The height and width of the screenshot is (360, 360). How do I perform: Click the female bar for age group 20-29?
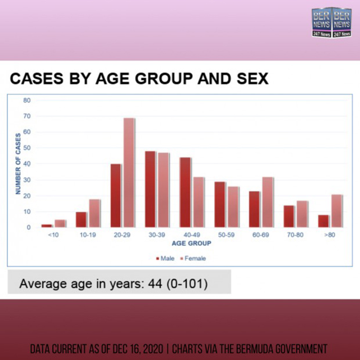[129, 173]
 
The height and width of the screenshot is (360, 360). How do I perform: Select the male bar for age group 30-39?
[150, 189]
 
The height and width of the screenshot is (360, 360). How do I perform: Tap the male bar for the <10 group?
[47, 226]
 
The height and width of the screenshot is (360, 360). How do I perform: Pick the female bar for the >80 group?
[337, 211]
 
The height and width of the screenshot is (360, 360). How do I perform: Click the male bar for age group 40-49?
[185, 192]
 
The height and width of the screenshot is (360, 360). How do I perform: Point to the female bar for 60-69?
[268, 202]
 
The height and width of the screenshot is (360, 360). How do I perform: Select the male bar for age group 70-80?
[289, 216]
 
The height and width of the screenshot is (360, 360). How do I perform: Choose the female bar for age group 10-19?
[94, 213]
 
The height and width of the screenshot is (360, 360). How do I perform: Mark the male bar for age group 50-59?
[220, 205]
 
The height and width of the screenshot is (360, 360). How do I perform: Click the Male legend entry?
[165, 259]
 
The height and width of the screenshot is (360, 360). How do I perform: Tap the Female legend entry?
[193, 259]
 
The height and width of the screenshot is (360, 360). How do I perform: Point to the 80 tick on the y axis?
[27, 100]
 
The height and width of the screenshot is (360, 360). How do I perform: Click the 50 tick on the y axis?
[27, 148]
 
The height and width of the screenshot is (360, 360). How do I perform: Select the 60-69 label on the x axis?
[260, 235]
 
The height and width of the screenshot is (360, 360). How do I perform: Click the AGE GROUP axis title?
[191, 244]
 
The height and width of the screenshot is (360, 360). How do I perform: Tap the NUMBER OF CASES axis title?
[18, 164]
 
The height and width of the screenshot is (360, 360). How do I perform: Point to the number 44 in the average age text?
[155, 283]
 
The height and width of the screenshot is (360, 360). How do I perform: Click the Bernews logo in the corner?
[331, 22]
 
